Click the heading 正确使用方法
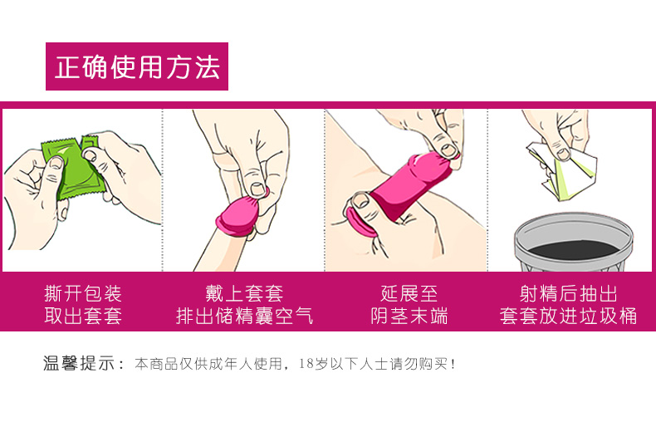click(x=137, y=67)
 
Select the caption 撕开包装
click(x=83, y=294)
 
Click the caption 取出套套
click(x=83, y=316)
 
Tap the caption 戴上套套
click(x=244, y=294)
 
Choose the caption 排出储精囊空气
click(x=244, y=316)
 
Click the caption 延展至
click(x=409, y=294)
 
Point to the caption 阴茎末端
click(x=409, y=316)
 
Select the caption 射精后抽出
click(x=568, y=294)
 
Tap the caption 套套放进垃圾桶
click(x=568, y=316)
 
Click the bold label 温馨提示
click(x=79, y=363)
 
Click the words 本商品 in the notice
click(x=156, y=363)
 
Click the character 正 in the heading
click(x=67, y=67)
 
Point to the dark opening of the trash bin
click(x=574, y=249)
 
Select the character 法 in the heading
click(x=207, y=67)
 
